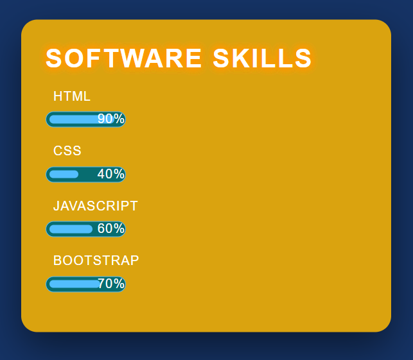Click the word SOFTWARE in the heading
point(123,58)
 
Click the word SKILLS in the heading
point(262,58)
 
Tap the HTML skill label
point(72,96)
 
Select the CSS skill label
point(67,151)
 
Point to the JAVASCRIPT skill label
point(95,206)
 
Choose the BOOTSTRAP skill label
point(96,261)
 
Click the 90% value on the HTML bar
point(111,119)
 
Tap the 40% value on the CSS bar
point(111,174)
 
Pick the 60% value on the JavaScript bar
point(111,228)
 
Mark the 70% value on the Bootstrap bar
point(111,284)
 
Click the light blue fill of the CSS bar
point(64,174)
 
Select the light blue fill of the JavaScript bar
point(71,229)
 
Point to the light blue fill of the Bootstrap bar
point(74,284)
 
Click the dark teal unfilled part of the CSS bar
point(88,174)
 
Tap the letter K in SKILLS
point(239,58)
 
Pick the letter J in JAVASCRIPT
point(57,206)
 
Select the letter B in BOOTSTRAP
point(57,261)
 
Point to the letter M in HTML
point(78,96)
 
